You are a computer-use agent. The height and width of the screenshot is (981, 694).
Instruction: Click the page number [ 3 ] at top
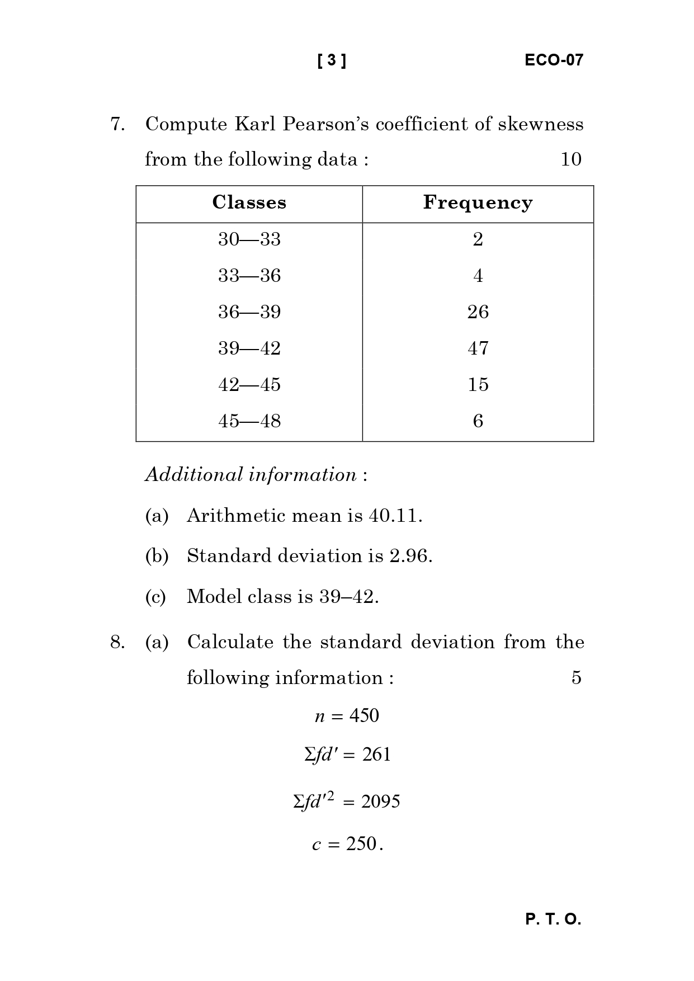332,60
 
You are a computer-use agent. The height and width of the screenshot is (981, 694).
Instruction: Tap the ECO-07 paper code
554,60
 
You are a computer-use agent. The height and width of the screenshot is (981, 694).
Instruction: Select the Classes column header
249,202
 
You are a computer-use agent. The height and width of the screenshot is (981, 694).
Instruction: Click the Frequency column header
478,202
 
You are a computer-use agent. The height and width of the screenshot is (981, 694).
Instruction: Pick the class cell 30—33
249,239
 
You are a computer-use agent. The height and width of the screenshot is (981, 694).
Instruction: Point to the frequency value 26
478,312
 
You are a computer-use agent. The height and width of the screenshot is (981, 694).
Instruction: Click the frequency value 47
478,348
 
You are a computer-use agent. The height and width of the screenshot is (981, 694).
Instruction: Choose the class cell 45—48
249,421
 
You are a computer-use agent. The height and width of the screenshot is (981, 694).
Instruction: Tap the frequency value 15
478,385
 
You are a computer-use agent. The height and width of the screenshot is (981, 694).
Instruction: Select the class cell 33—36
249,276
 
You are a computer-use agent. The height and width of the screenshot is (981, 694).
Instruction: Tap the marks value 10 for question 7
570,159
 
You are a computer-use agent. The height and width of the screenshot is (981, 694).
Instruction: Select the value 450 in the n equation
364,716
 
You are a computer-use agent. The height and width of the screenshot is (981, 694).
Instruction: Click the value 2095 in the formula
380,802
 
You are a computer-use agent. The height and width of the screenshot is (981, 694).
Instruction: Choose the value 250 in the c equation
361,844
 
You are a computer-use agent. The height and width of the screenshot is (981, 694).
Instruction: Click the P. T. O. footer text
553,919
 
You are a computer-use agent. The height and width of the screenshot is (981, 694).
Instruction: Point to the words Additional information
251,475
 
